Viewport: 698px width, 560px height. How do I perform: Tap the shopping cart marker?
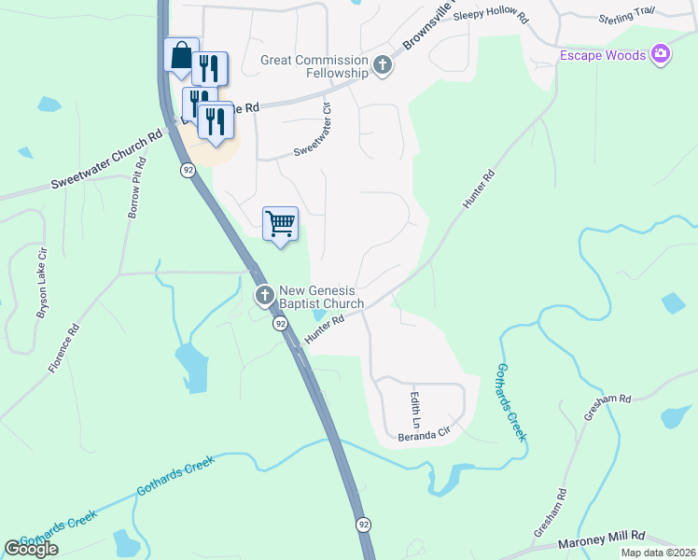pos(280,223)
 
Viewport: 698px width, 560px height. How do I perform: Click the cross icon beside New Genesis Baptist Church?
pos(265,296)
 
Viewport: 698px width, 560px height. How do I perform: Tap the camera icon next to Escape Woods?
pos(661,55)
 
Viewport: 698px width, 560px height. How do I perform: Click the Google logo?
pos(31,549)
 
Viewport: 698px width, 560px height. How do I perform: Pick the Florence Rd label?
pos(67,348)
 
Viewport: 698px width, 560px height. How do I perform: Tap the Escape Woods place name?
pos(603,56)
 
